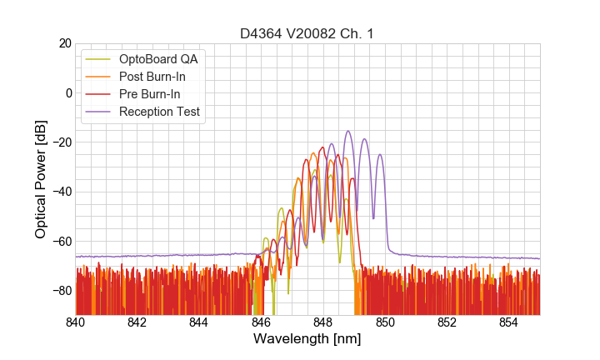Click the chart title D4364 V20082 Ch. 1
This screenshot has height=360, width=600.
[x=307, y=34]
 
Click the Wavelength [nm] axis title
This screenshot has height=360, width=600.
[x=307, y=339]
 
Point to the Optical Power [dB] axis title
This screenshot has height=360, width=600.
[x=41, y=178]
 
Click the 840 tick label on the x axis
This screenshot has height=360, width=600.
[x=76, y=322]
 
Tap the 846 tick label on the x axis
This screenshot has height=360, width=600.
[x=261, y=322]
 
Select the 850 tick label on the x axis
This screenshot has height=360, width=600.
[x=385, y=322]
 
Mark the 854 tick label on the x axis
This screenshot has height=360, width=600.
[x=508, y=322]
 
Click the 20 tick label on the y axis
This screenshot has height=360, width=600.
[x=64, y=43]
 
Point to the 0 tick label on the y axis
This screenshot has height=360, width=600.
[x=67, y=92]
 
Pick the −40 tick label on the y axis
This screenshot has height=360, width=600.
[x=61, y=192]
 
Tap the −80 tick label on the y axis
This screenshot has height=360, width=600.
[x=61, y=290]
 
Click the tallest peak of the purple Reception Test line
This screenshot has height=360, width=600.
[x=347, y=132]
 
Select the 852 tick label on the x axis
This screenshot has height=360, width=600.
[x=447, y=322]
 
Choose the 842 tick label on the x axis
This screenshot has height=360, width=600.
[x=137, y=322]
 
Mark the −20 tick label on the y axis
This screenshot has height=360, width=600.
[x=61, y=142]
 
